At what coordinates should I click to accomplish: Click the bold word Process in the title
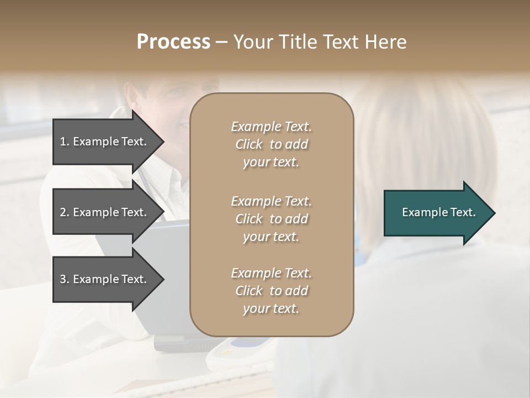[x=173, y=42]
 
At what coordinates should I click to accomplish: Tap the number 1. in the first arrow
[x=65, y=142]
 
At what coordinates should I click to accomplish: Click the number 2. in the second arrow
[x=65, y=212]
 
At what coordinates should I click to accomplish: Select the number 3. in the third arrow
[x=65, y=279]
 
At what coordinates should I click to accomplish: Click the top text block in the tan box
[x=271, y=144]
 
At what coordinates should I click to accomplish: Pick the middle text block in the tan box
[x=271, y=219]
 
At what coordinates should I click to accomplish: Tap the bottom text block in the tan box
[x=271, y=291]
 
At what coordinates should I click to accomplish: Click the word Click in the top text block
[x=249, y=144]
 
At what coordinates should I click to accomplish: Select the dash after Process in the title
[x=221, y=43]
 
